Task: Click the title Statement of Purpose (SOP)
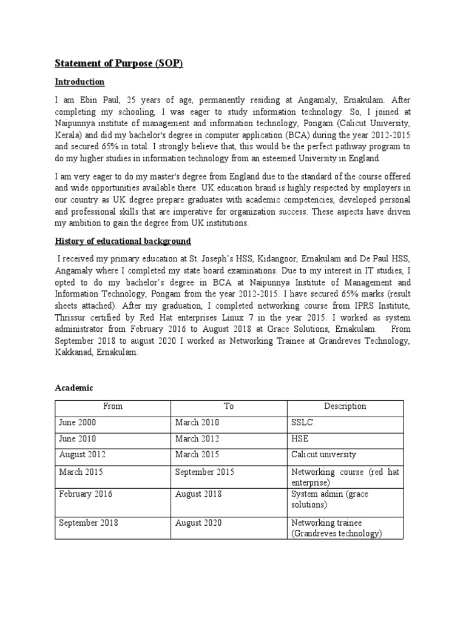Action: click(x=119, y=63)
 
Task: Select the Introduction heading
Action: click(x=80, y=82)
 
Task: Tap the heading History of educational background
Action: click(x=123, y=241)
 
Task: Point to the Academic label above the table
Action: click(x=75, y=388)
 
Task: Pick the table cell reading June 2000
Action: click(x=77, y=423)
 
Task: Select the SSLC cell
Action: click(x=302, y=423)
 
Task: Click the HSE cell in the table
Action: click(x=300, y=438)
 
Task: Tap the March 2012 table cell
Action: click(x=197, y=438)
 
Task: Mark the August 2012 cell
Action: click(x=81, y=455)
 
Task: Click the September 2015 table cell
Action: click(x=204, y=471)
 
